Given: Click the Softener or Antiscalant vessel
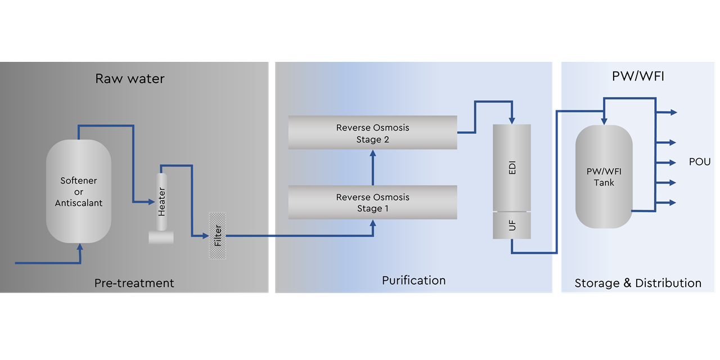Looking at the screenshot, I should tap(78, 191).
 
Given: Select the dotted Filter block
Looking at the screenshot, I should tap(217, 236).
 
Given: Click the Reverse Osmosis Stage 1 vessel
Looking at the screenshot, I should tap(372, 202).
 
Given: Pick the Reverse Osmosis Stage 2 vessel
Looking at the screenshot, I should tap(372, 133).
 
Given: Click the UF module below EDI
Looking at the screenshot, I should tap(511, 226).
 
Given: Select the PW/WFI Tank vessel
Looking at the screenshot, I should tap(604, 177).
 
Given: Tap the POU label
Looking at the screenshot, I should tap(700, 162).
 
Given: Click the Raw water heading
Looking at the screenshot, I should tap(130, 78).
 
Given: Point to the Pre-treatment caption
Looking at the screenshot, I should tap(134, 283).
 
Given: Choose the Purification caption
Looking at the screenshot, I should tap(413, 280).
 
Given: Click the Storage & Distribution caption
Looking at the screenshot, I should tap(638, 283).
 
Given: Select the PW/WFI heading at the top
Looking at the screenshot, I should tap(638, 76).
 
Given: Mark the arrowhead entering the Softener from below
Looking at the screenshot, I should tap(80, 246).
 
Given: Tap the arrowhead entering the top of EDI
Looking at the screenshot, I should tap(511, 120).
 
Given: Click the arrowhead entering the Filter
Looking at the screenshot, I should tap(205, 236).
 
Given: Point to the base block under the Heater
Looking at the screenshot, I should tap(161, 237).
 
